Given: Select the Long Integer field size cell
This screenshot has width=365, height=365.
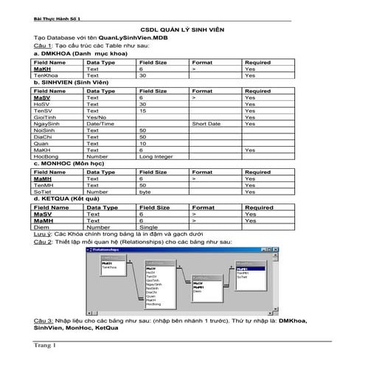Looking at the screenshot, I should pyautogui.click(x=155, y=156).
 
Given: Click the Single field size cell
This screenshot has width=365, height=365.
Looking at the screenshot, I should pyautogui.click(x=147, y=227).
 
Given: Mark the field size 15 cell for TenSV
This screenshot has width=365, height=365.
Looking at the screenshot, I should pyautogui.click(x=142, y=111).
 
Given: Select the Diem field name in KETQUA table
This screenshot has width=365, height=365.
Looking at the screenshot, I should pyautogui.click(x=41, y=227).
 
